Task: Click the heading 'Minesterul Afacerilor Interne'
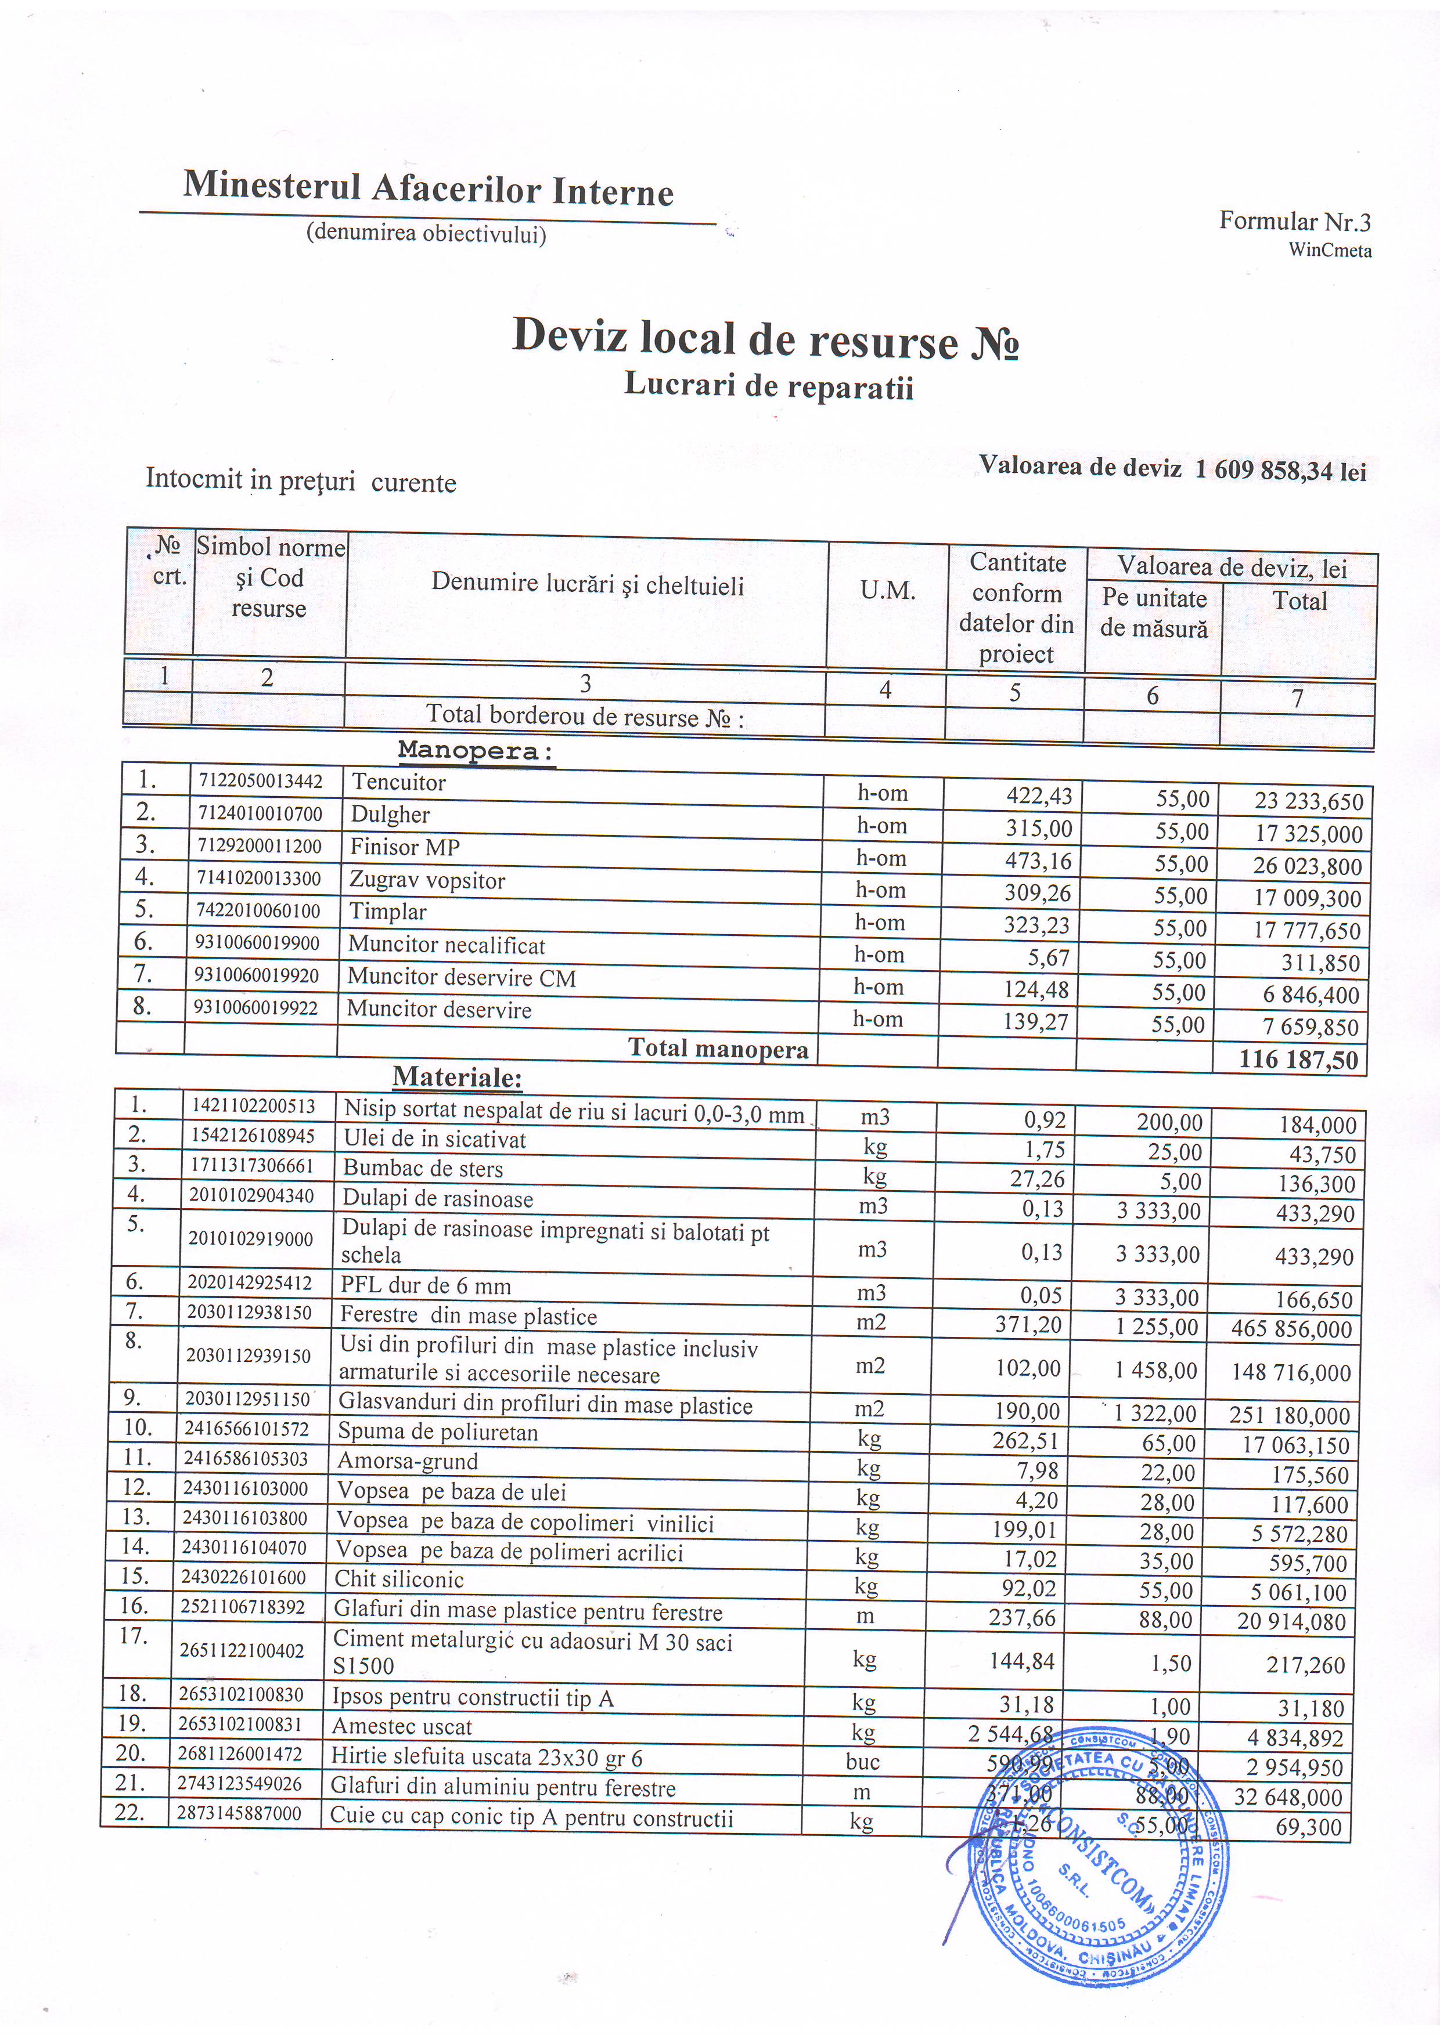coord(429,189)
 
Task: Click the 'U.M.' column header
coord(887,590)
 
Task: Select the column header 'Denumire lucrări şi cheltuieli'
coord(587,585)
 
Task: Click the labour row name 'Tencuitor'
coord(398,782)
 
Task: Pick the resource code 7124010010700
coord(259,814)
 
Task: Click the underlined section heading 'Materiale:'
coord(456,1078)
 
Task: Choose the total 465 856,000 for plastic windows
coord(1291,1329)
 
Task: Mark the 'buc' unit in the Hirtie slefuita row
coord(862,1762)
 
